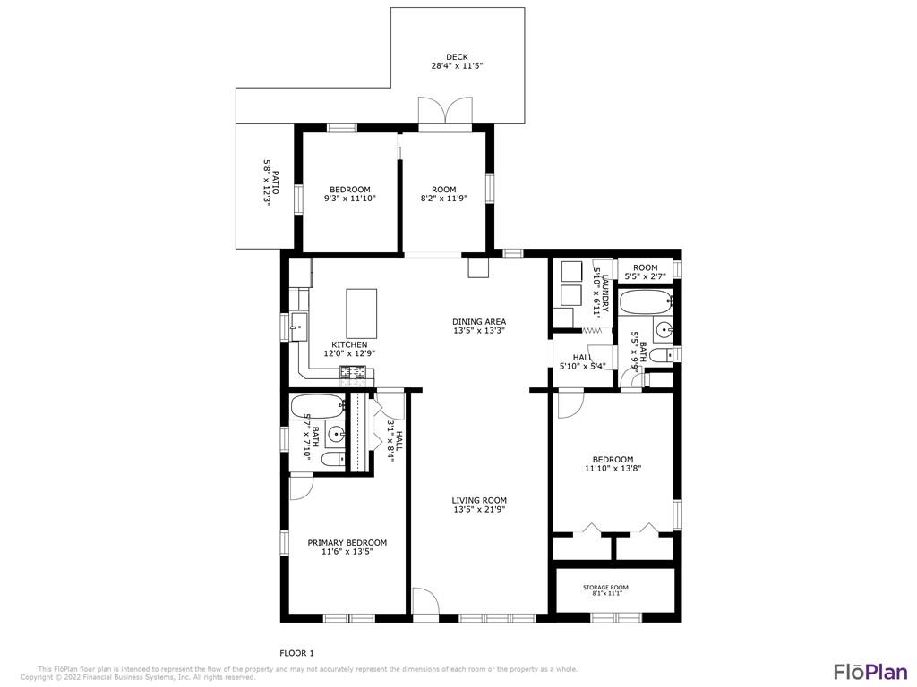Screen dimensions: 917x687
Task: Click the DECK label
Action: pyautogui.click(x=457, y=56)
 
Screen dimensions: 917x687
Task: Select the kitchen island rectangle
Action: pyautogui.click(x=362, y=310)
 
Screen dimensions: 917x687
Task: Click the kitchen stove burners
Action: pyautogui.click(x=353, y=370)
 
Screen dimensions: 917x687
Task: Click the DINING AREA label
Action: pyautogui.click(x=479, y=321)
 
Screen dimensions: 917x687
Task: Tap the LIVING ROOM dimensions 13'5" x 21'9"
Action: pyautogui.click(x=479, y=509)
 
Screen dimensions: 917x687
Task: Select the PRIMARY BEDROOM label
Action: pyautogui.click(x=347, y=542)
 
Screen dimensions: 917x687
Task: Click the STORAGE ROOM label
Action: pyautogui.click(x=605, y=587)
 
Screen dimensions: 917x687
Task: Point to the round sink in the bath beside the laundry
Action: pyautogui.click(x=665, y=331)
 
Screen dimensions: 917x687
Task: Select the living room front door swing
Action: pyautogui.click(x=425, y=600)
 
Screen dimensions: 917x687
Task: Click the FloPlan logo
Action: pyautogui.click(x=870, y=672)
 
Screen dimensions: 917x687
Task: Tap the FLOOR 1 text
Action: pyautogui.click(x=297, y=653)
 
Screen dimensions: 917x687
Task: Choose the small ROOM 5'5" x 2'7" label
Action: pyautogui.click(x=646, y=272)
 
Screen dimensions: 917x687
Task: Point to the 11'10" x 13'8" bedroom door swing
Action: pyautogui.click(x=570, y=404)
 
